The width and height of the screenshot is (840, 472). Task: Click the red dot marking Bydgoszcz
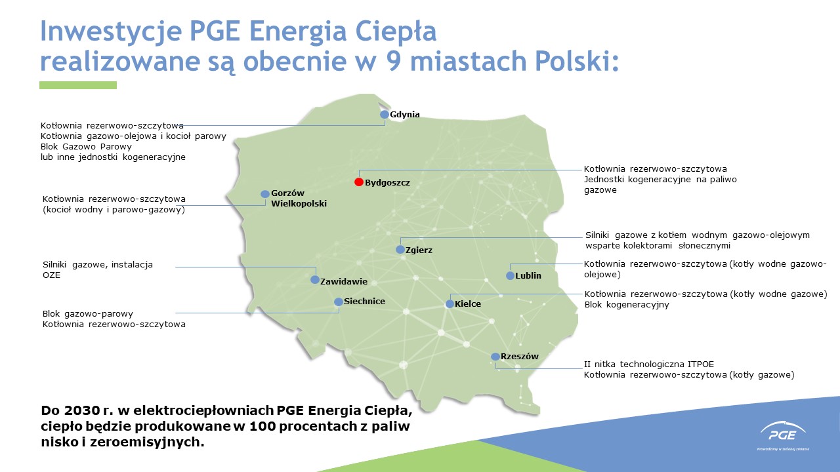[359, 182]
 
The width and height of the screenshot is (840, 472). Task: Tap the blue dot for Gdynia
[385, 114]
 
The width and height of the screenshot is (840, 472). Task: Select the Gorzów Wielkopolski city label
[299, 198]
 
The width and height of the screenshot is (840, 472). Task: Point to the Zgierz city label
[419, 250]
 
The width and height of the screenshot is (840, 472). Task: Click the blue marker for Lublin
[510, 276]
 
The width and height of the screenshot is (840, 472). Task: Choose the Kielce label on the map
[468, 304]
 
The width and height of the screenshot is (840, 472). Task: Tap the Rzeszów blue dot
[495, 357]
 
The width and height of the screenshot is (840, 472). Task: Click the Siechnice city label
[364, 301]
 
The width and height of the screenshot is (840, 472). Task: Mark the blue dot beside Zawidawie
[315, 280]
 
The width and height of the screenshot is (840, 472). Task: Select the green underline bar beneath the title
[78, 85]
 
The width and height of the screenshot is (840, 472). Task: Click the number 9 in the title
[393, 61]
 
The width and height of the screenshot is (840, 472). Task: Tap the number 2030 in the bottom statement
[81, 410]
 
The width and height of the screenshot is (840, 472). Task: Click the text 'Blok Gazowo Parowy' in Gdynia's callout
[86, 146]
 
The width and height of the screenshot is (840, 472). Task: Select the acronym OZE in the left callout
[51, 275]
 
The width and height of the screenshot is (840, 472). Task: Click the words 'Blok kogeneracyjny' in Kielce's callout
[627, 305]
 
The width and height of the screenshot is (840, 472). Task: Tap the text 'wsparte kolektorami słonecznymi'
[658, 246]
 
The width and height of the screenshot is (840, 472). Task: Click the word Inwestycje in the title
[112, 32]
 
